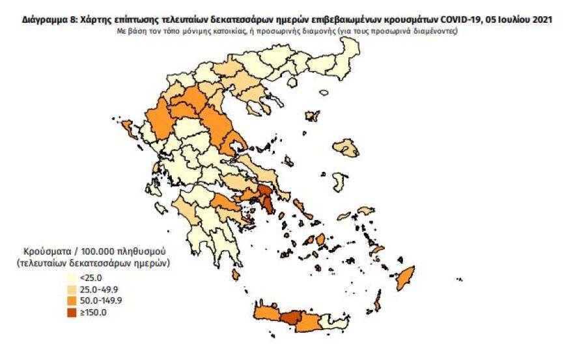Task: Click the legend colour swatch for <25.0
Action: pyautogui.click(x=70, y=278)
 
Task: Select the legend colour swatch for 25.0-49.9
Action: pyautogui.click(x=70, y=289)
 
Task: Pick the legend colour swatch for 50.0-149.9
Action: pyautogui.click(x=70, y=300)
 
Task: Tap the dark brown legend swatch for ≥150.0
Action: pyautogui.click(x=70, y=312)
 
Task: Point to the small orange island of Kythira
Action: pyautogui.click(x=235, y=275)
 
